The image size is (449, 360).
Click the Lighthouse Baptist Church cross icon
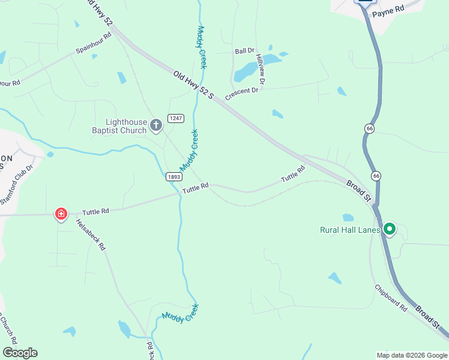tap(156, 125)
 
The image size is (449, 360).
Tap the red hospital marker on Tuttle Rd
tap(61, 214)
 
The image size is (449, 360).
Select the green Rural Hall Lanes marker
tap(389, 229)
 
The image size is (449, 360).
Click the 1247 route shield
tap(175, 118)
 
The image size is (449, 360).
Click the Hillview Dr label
tap(261, 68)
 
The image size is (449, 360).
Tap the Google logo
tap(20, 353)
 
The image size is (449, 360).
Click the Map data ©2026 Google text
tap(411, 355)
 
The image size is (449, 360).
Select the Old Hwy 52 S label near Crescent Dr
tap(193, 85)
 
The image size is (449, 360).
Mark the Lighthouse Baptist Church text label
tap(118, 125)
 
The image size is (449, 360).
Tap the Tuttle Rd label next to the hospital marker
tap(95, 212)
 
